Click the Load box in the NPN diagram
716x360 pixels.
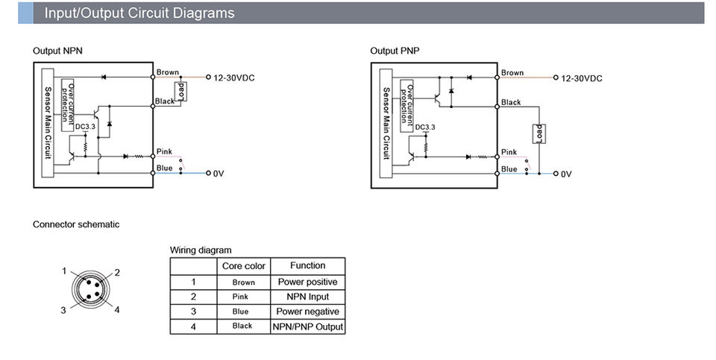(181, 92)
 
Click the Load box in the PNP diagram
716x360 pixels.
(538, 133)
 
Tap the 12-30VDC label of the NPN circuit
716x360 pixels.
(233, 78)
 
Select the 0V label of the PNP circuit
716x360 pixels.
(566, 174)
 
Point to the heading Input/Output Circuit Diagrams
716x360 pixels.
(139, 13)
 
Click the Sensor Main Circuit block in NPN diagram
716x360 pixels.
(48, 123)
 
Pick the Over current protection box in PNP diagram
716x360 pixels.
(406, 106)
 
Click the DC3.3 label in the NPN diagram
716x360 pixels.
(85, 127)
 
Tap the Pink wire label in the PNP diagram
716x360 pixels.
(509, 152)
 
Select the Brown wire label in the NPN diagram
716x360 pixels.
(168, 72)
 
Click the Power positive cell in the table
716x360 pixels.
(308, 282)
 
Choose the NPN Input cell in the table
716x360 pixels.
(308, 297)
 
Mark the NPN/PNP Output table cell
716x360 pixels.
(308, 326)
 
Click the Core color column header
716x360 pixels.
(243, 266)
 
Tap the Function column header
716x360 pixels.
(308, 265)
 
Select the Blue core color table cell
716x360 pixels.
(240, 312)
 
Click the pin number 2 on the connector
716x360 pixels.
(117, 273)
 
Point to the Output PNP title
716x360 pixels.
(395, 51)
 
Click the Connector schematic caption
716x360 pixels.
(76, 224)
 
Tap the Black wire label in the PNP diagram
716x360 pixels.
(511, 102)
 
